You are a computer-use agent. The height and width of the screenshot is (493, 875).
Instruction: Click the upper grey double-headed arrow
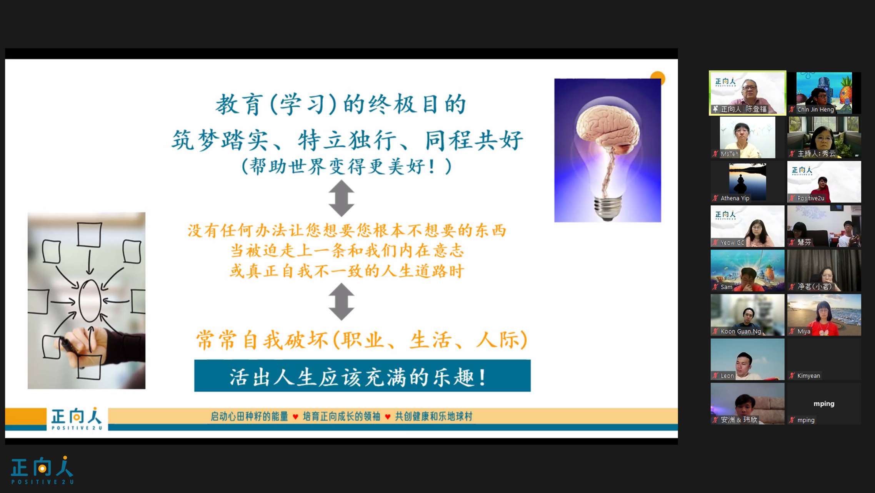point(341,198)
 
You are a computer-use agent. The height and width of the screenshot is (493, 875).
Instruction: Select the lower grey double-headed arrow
point(341,302)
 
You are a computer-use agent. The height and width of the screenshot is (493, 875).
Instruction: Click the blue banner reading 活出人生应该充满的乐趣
point(362,376)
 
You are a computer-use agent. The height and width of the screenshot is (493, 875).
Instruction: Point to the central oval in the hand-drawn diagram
point(90,301)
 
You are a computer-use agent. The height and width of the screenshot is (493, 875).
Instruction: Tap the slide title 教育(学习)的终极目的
point(341,104)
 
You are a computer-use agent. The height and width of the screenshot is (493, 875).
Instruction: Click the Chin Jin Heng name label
point(815,109)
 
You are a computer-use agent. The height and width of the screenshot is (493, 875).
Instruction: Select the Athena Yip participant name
point(735,198)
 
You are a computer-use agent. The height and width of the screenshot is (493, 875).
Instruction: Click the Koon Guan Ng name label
point(741,331)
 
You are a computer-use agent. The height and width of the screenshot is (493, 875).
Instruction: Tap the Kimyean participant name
point(808,376)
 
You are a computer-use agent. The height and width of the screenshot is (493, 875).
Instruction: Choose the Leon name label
point(727,376)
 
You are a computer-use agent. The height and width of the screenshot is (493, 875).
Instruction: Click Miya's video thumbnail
point(824,315)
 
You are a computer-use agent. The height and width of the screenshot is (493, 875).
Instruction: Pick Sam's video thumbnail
point(747,270)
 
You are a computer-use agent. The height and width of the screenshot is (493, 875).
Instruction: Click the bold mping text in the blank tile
point(824,404)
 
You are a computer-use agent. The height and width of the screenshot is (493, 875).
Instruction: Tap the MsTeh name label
point(729,154)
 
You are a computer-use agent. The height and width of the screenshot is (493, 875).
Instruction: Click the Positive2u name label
point(810,198)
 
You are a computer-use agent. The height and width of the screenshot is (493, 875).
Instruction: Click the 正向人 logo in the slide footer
point(77,419)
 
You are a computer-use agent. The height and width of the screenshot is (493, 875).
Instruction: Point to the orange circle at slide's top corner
point(658,77)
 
